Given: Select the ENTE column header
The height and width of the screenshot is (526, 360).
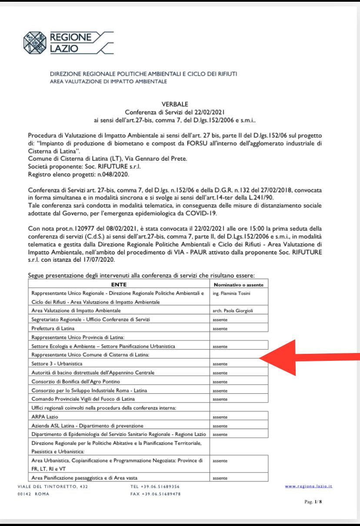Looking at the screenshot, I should click(119, 285).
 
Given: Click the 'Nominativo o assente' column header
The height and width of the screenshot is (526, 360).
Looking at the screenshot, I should click(239, 285).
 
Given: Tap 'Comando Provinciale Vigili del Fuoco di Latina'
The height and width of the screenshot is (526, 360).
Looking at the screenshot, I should click(86, 399).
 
